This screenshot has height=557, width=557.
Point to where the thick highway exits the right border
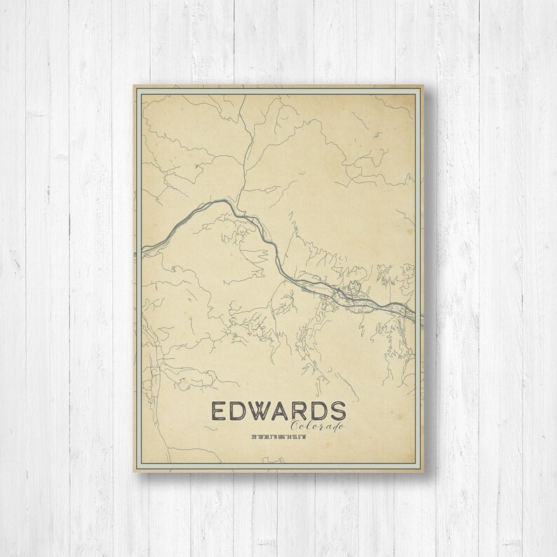coord(422,316)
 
